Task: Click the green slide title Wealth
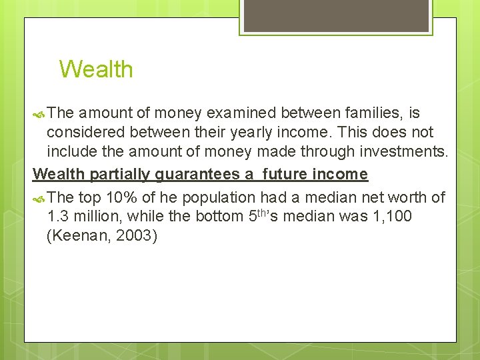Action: tap(96, 69)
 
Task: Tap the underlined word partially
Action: tap(121, 175)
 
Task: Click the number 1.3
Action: tap(59, 217)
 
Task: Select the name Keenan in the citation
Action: tap(79, 236)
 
